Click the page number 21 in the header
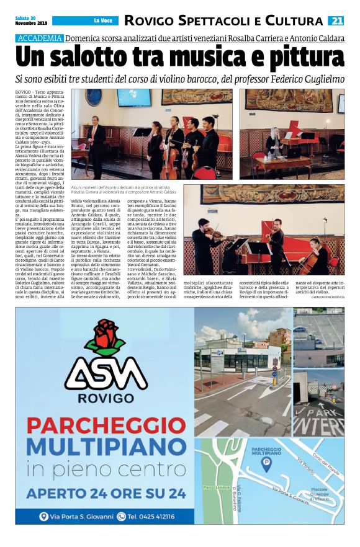(336, 21)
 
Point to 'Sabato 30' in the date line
(23, 18)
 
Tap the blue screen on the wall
(133, 97)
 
